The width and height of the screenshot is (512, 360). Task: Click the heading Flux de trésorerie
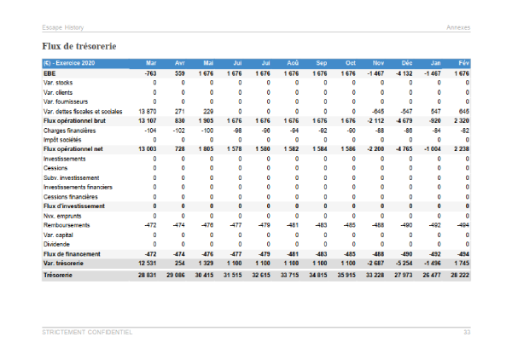pos(79,44)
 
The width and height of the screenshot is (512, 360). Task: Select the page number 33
pos(466,332)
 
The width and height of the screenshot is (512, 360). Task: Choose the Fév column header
pos(462,64)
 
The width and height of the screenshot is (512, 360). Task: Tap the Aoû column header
pos(294,64)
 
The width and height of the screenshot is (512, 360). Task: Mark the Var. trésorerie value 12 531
pos(146,263)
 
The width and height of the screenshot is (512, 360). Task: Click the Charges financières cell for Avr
pos(177,131)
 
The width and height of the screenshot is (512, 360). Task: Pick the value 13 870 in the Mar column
pos(146,112)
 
